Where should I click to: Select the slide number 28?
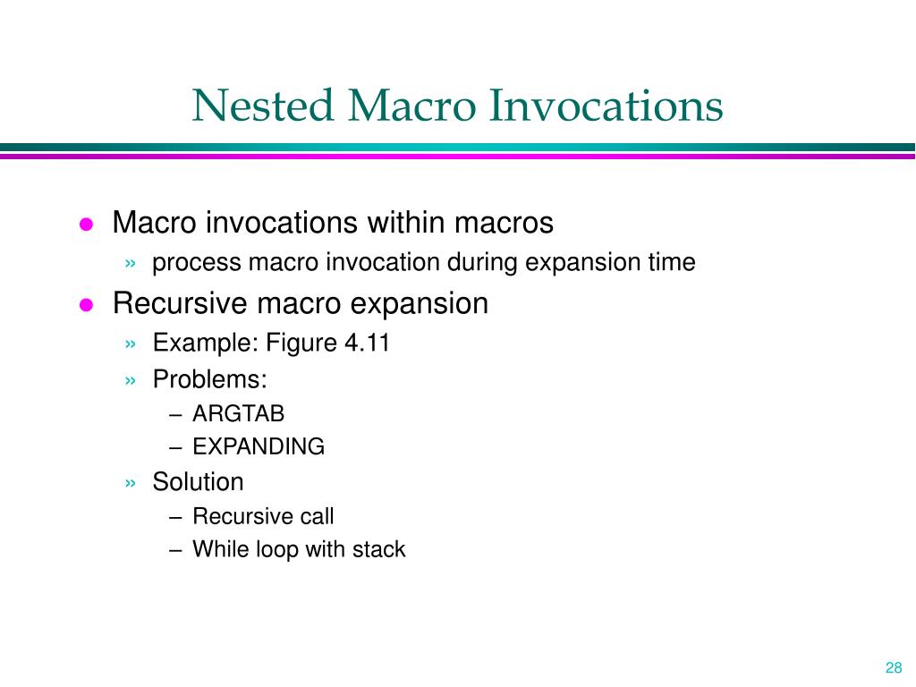pos(894,667)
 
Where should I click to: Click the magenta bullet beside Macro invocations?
pos(87,225)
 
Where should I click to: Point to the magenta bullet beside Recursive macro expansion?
pos(87,305)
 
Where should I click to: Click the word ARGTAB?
pos(238,413)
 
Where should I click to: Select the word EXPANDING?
pos(259,446)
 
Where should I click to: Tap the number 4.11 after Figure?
pos(367,343)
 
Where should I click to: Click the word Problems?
pos(209,379)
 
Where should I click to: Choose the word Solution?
pos(198,482)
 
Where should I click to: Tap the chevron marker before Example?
pos(131,344)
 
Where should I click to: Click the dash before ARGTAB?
pos(175,415)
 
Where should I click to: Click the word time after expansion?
pos(672,262)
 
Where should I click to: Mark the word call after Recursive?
pos(317,516)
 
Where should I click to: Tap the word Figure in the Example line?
pos(301,343)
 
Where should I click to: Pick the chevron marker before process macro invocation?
pos(131,264)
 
